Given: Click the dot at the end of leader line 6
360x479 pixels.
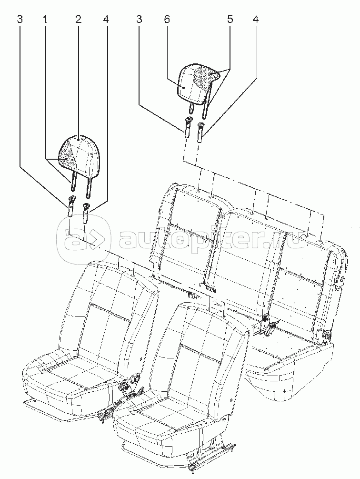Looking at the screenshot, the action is click(x=184, y=87).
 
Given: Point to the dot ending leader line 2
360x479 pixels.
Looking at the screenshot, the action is click(x=80, y=139).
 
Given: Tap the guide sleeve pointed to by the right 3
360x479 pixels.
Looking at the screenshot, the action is click(x=188, y=127).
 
